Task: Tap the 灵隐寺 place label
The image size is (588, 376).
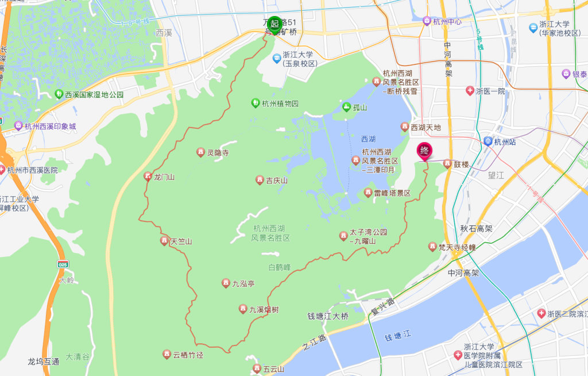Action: [x=218, y=152]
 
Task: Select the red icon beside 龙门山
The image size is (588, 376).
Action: [x=148, y=177]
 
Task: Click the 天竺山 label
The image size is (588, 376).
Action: [x=180, y=241]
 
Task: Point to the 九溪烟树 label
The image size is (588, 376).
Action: [x=264, y=310]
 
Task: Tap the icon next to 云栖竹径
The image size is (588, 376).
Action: [x=167, y=355]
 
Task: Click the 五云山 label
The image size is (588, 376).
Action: [x=272, y=369]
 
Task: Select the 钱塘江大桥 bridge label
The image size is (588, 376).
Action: [x=328, y=316]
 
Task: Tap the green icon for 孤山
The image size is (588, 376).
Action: [x=346, y=107]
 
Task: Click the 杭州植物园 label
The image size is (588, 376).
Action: [x=280, y=104]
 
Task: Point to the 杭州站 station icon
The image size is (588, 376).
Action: [x=488, y=141]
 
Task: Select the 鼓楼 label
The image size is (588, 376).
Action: [x=461, y=164]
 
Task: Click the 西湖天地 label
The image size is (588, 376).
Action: [x=425, y=127]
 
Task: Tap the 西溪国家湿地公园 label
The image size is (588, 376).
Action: [x=94, y=94]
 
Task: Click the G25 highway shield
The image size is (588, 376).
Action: [x=63, y=264]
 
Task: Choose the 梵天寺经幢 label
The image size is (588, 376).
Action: [x=457, y=247]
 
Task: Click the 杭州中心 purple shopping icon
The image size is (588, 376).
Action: [x=427, y=21]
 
